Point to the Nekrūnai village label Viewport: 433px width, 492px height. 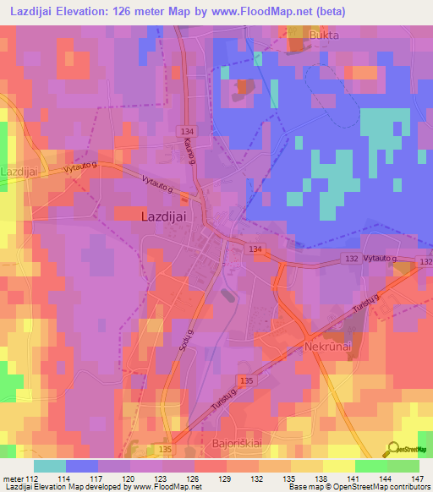click(x=327, y=347)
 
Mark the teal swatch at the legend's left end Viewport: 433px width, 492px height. click(x=50, y=466)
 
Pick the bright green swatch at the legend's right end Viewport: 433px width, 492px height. click(x=403, y=466)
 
